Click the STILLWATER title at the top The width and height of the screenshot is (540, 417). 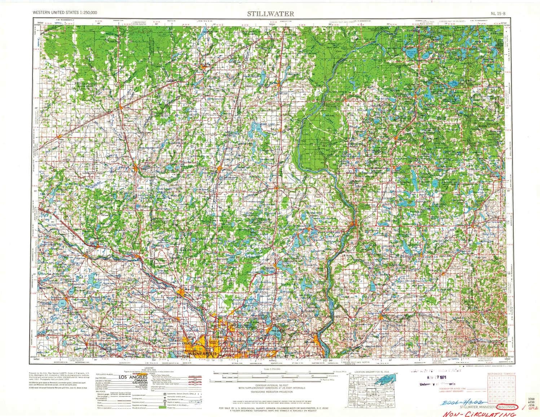tap(270, 14)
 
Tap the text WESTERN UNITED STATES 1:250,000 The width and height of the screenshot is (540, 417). tap(65, 12)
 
